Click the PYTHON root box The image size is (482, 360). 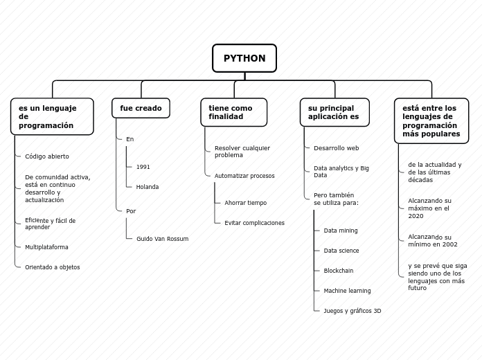pos(244,58)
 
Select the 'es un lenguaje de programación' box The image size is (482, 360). pos(52,116)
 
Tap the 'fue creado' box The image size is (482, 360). pos(141,108)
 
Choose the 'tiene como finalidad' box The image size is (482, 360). pos(233,112)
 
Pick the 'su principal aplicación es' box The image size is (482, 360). pos(334,112)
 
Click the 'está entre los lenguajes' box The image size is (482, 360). pos(431,120)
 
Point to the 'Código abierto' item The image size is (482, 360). pos(47,156)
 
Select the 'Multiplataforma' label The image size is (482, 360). pos(46,246)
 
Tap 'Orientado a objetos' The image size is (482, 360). pos(52,267)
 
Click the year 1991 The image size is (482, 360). pos(143,167)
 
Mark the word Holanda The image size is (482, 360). pos(148,187)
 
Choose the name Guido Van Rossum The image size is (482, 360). pos(162,238)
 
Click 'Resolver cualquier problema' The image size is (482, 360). pos(242,152)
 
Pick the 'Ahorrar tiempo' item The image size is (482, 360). pos(245,203)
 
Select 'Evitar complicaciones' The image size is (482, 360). pos(254,223)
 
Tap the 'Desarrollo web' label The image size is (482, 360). pos(336,148)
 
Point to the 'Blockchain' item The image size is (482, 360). pos(338,271)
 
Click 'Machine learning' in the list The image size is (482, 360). pos(347,291)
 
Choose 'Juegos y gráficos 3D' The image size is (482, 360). pos(352,311)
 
